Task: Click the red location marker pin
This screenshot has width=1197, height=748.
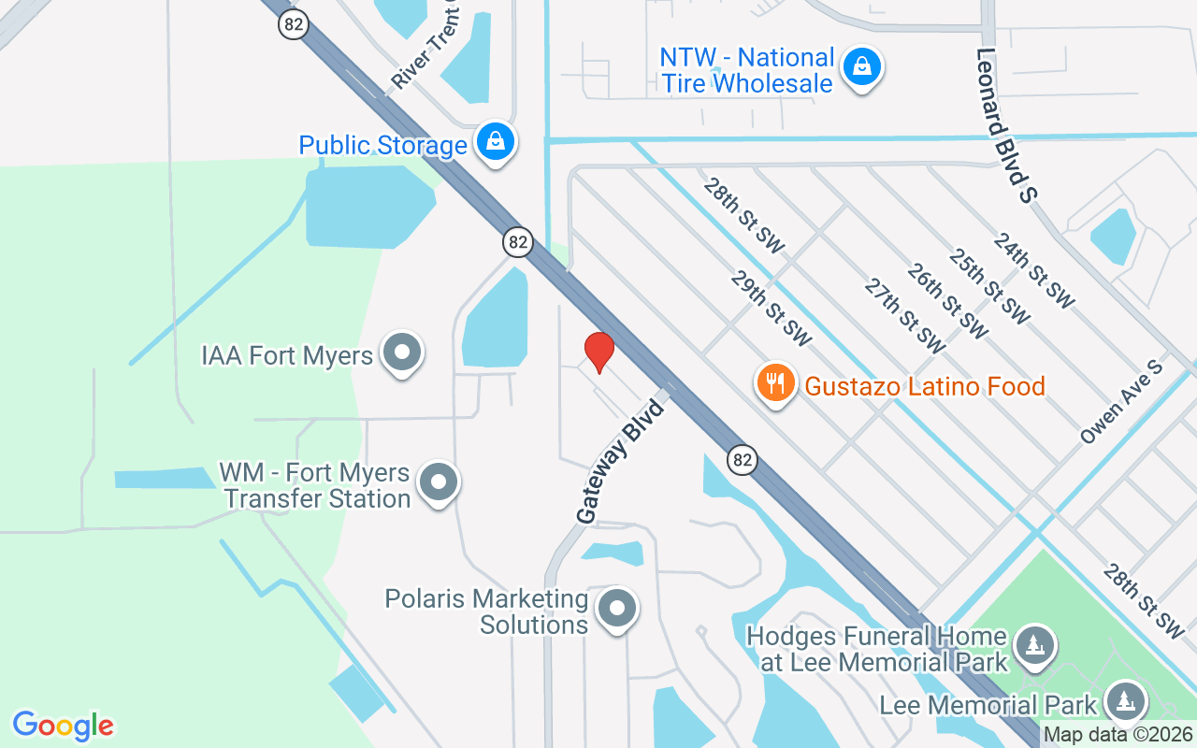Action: tap(598, 352)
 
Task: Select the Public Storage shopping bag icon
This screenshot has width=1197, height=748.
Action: tap(496, 142)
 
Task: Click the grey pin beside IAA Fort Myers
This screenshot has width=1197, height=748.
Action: tap(403, 353)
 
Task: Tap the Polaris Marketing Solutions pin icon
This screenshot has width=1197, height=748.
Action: tap(615, 609)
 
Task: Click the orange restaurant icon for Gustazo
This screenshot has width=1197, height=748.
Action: tap(775, 383)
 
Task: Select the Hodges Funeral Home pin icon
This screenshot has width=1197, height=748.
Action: tap(1033, 646)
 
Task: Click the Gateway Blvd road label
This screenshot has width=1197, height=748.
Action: tap(619, 461)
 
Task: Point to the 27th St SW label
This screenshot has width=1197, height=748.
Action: tap(903, 315)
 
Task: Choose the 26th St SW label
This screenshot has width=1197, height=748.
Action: tap(946, 300)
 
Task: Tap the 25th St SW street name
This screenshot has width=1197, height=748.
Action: tap(988, 286)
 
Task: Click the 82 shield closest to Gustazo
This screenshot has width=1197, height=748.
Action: tap(742, 459)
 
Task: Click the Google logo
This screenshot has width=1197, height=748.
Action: tap(64, 726)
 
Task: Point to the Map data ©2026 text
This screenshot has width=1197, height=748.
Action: tap(1118, 735)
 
